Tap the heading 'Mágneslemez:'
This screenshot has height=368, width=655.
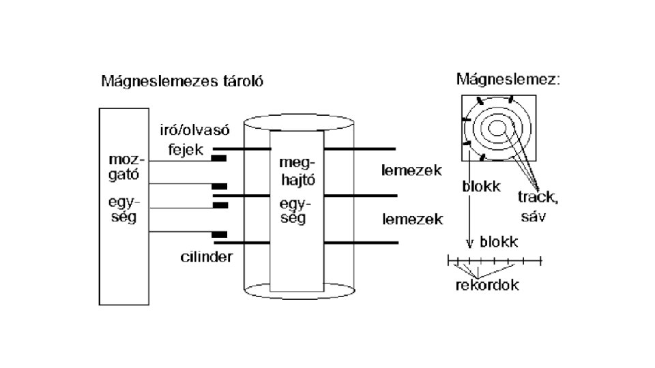(508, 79)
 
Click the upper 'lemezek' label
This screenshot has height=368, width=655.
(412, 170)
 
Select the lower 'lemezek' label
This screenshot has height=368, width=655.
(412, 219)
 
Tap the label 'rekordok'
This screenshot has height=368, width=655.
(487, 285)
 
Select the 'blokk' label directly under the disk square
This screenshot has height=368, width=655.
(482, 186)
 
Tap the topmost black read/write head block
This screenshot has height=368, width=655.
(219, 159)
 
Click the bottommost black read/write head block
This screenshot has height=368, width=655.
(219, 234)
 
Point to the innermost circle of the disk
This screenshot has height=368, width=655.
(497, 127)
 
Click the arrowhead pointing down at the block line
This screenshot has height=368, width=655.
(469, 242)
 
